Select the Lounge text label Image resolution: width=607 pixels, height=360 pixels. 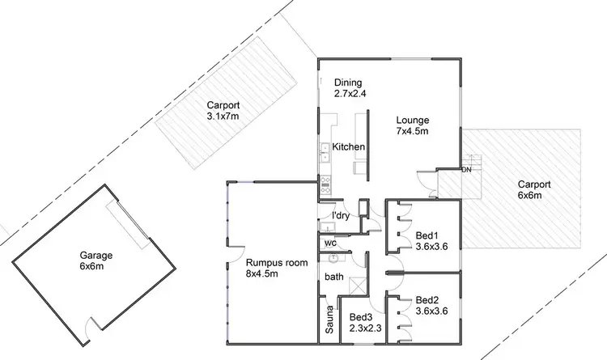point(412,121)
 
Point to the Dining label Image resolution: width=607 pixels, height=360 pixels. point(348,83)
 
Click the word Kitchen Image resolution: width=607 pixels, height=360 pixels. point(349,147)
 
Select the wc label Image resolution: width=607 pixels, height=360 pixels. point(329,243)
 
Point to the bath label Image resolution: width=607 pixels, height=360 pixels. point(333,277)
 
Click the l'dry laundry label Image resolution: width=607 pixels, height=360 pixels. point(342,215)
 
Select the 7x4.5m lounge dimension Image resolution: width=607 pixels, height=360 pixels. point(412,132)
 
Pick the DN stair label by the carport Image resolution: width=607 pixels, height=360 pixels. point(466,170)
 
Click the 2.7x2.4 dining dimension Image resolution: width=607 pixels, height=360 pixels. point(350,94)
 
